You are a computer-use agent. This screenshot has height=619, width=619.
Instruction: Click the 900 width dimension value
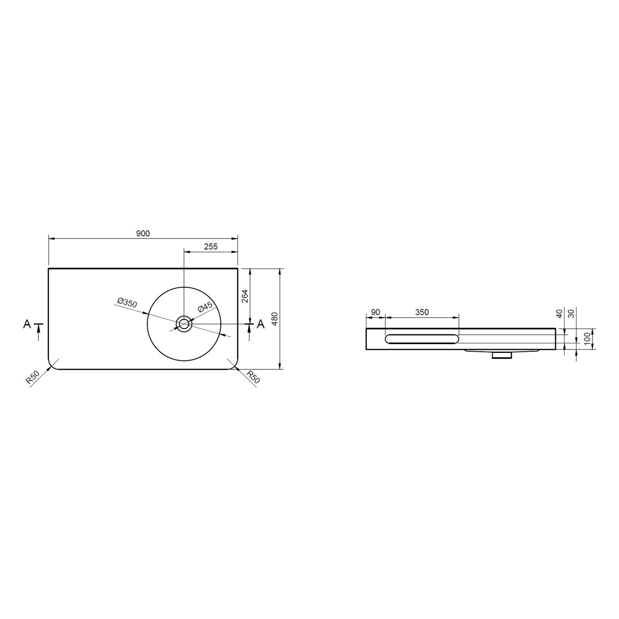(143, 234)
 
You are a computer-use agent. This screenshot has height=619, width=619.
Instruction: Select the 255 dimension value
(210, 247)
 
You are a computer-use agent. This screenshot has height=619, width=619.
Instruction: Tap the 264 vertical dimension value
(244, 296)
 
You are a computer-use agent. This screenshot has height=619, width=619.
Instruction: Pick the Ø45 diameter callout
(205, 307)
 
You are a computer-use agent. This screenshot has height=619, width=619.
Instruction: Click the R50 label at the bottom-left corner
(32, 378)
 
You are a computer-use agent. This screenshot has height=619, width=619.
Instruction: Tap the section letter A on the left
(27, 324)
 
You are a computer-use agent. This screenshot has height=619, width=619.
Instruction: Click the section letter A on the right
(260, 324)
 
